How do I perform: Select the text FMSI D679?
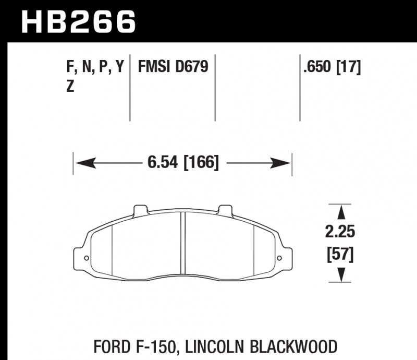pos(173,67)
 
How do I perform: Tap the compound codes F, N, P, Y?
pos(95,67)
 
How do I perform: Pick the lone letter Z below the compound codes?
pos(70,87)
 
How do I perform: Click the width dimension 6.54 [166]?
pos(182,163)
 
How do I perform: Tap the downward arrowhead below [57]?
pos(342,274)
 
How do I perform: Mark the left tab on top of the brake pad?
pos(140,210)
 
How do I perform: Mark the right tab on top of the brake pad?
pos(225,210)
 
